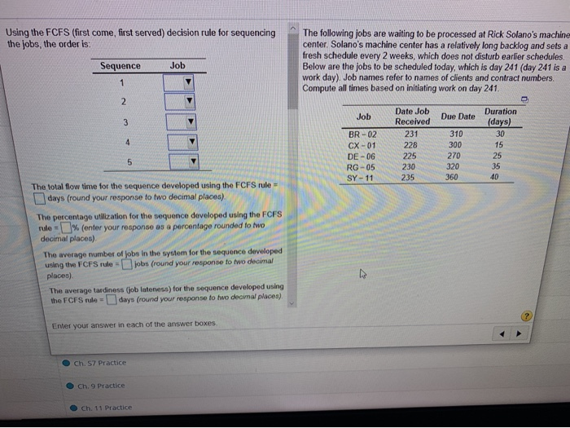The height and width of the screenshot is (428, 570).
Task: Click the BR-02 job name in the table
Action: pyautogui.click(x=362, y=135)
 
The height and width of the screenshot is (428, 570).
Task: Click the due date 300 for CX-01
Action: pyautogui.click(x=455, y=144)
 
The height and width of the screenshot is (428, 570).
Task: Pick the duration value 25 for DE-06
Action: pyautogui.click(x=498, y=155)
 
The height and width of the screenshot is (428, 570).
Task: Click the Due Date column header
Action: pyautogui.click(x=458, y=117)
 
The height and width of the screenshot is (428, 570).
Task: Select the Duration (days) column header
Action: pyautogui.click(x=499, y=117)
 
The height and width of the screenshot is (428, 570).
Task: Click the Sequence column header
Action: pyautogui.click(x=121, y=65)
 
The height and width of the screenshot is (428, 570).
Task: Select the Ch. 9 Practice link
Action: pyautogui.click(x=102, y=385)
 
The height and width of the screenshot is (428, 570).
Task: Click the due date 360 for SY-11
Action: pyautogui.click(x=454, y=176)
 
